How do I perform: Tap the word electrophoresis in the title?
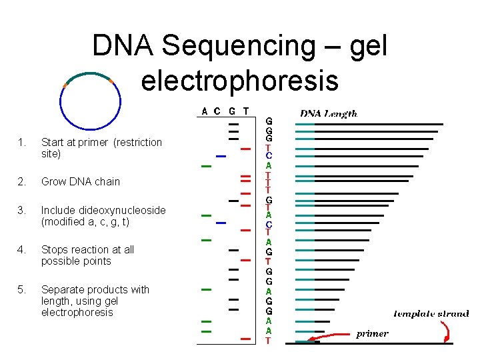239,80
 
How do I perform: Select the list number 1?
22,142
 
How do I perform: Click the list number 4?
22,249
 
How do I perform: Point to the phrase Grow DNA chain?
81,181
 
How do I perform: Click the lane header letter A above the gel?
205,111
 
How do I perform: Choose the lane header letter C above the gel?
218,111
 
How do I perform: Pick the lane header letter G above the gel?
232,111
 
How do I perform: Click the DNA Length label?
328,114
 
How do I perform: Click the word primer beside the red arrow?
372,333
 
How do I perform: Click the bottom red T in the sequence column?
268,340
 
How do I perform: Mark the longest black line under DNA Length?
378,124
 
